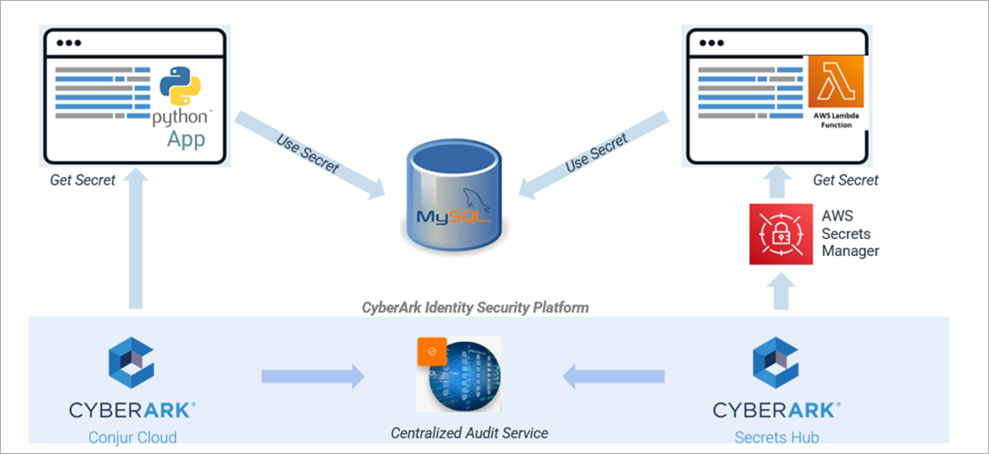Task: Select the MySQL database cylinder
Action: [451, 197]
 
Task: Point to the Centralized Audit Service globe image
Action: [463, 375]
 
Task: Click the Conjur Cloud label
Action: [133, 437]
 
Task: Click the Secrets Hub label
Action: [777, 437]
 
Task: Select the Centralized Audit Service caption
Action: [470, 432]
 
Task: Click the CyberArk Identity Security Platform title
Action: [475, 308]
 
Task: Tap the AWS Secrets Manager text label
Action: [850, 233]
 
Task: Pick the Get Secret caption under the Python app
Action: [83, 180]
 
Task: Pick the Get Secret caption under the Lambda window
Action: [846, 180]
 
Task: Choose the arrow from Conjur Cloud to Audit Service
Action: [313, 376]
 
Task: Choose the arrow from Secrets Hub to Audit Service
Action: [614, 376]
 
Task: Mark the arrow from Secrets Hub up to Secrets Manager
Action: [779, 292]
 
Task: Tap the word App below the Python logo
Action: [185, 139]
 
